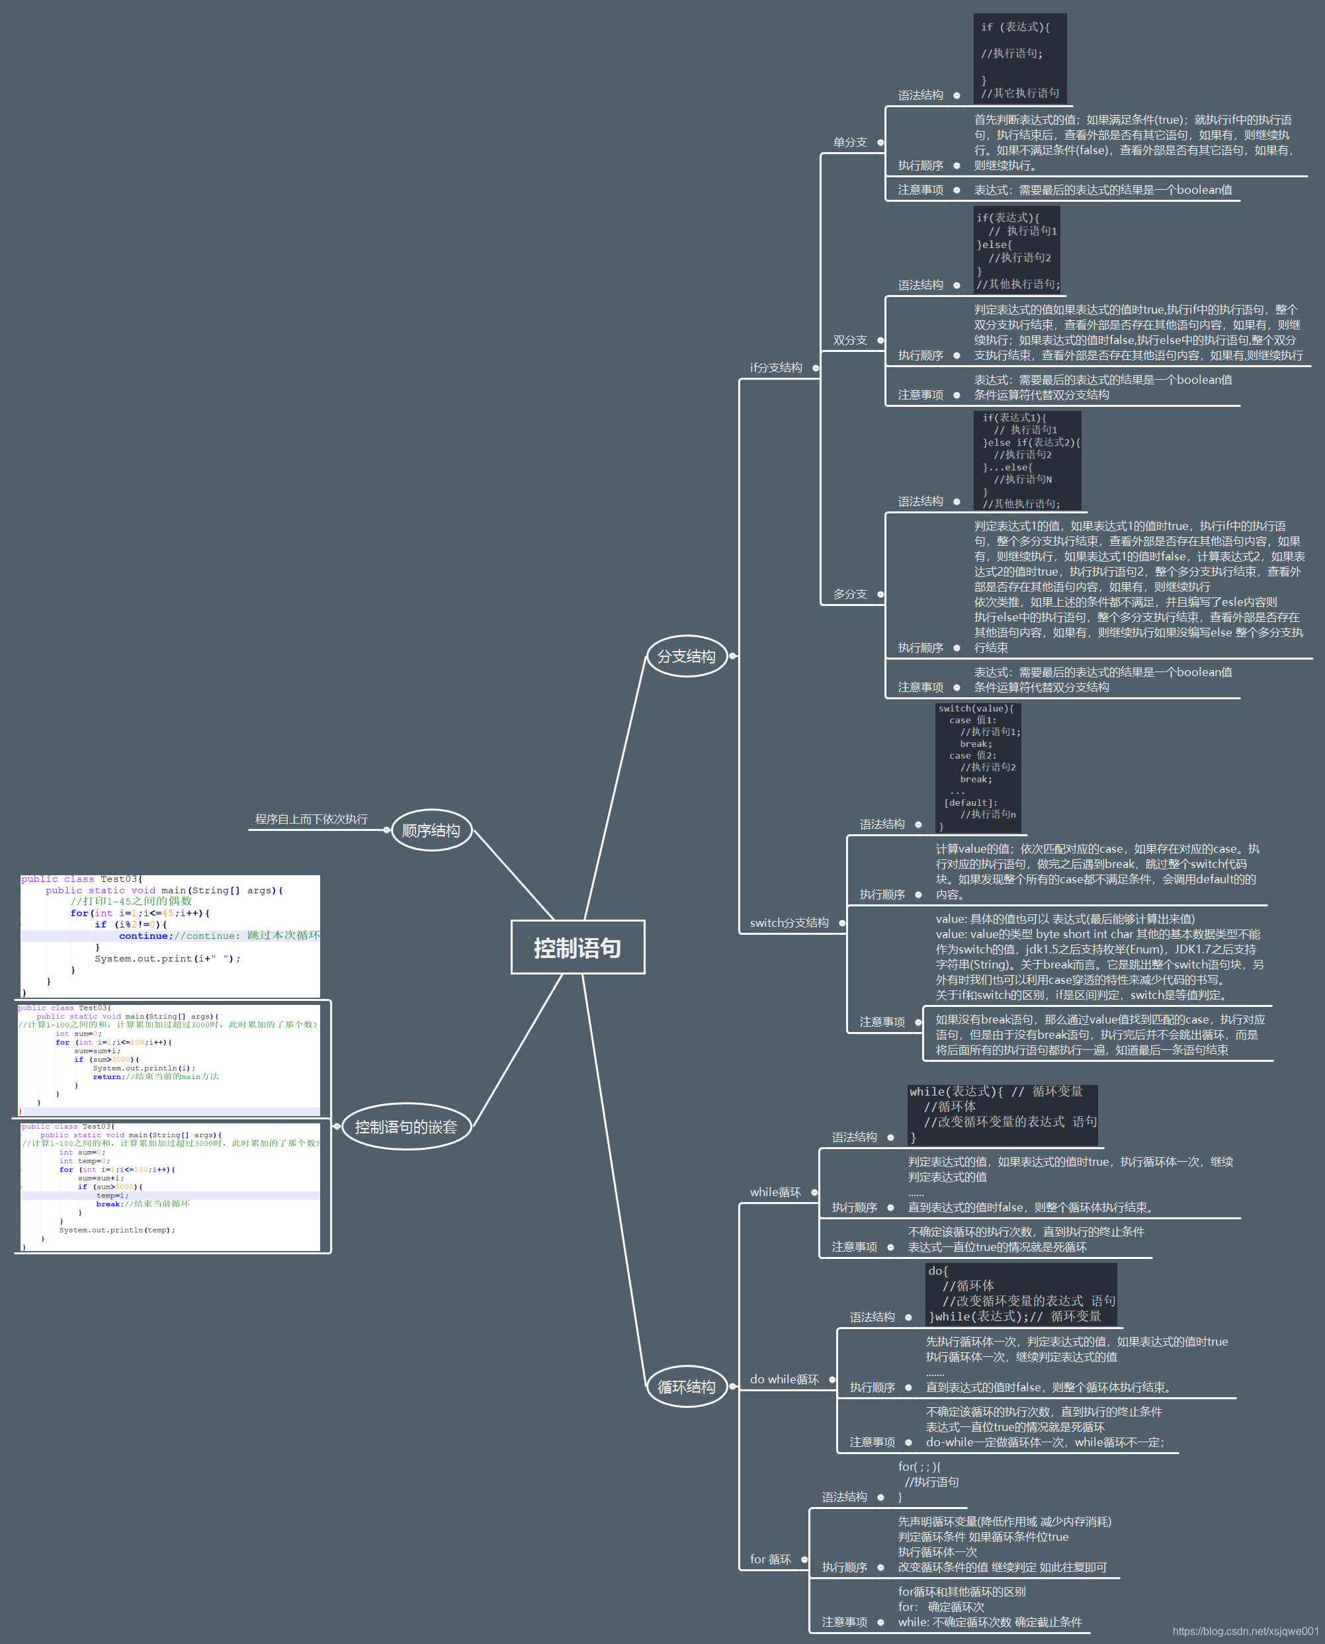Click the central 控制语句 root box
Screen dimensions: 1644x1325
point(577,947)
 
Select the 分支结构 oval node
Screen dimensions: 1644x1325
point(686,656)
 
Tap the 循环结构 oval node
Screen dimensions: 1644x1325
point(686,1387)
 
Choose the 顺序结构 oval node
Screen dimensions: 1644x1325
point(431,830)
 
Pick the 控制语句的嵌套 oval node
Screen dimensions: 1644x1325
point(406,1127)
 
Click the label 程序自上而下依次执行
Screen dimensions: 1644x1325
point(311,819)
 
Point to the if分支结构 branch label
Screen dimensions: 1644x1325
point(775,368)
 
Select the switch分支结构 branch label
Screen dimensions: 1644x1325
point(789,923)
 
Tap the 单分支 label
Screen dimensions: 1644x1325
point(849,143)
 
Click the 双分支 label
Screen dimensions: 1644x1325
point(849,341)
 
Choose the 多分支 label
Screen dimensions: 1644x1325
point(849,594)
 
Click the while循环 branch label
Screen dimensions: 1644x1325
point(775,1192)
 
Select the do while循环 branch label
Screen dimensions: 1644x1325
point(784,1379)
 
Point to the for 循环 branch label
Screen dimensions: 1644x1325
point(770,1559)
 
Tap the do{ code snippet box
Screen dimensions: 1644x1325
point(1021,1293)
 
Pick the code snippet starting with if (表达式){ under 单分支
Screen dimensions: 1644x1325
point(1019,59)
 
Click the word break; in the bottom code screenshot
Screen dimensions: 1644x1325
point(108,1204)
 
